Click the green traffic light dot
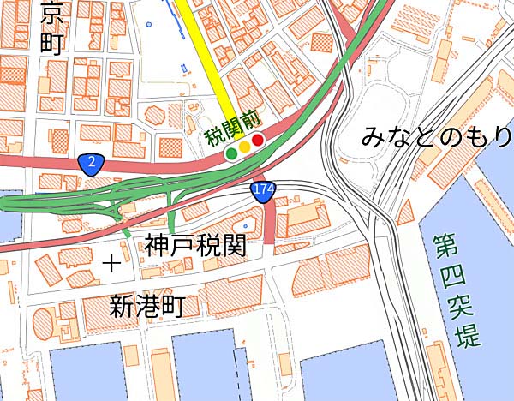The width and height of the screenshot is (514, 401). (230, 153)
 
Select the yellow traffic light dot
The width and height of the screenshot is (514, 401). (244, 147)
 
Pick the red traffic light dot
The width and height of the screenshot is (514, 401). (257, 140)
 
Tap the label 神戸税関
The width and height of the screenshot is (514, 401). (194, 247)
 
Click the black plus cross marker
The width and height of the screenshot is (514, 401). (111, 263)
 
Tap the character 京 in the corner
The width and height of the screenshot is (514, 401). (52, 13)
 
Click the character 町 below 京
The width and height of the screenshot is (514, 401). (52, 44)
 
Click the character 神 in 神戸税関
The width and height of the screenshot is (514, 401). (157, 247)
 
